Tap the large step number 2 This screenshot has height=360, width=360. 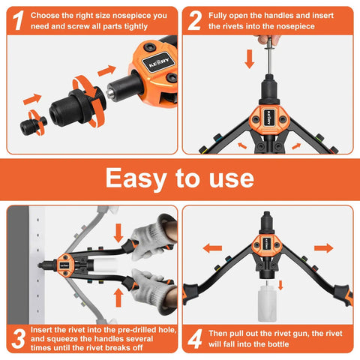point(194,20)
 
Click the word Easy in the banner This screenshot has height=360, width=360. point(139,178)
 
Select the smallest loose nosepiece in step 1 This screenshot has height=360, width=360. point(34,123)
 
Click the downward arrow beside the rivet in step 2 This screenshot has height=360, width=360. point(248,58)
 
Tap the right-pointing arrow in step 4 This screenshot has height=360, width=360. point(323,247)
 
